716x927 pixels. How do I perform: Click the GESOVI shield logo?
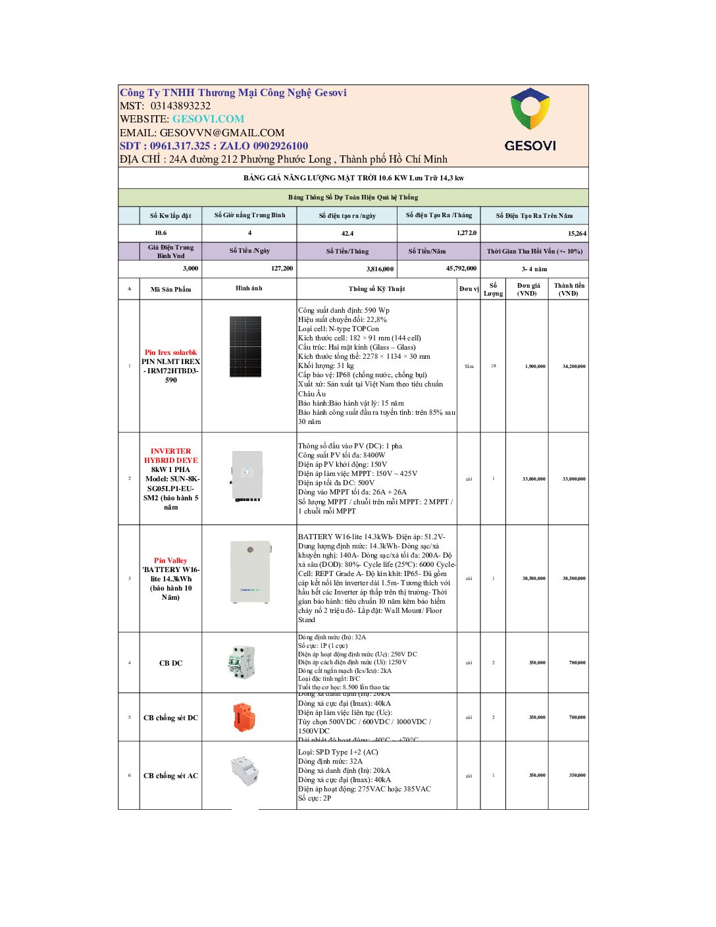click(x=530, y=109)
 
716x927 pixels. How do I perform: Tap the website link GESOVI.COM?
click(x=208, y=119)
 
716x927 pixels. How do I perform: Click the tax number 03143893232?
click(x=180, y=106)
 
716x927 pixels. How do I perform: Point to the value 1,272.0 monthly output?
click(x=466, y=233)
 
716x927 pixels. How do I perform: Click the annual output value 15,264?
click(x=576, y=233)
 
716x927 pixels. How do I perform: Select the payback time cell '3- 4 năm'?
click(x=534, y=269)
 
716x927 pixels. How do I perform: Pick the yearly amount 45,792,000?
click(x=461, y=269)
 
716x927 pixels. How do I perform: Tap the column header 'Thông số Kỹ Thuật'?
click(x=376, y=289)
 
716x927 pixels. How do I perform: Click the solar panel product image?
click(x=245, y=346)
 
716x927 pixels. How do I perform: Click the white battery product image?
click(x=250, y=571)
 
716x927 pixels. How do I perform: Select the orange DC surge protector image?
click(x=243, y=717)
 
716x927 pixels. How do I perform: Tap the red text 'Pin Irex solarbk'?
click(x=170, y=353)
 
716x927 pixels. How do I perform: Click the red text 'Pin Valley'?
click(x=170, y=560)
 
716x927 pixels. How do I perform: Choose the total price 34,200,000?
click(x=573, y=366)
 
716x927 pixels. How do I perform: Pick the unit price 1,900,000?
click(x=534, y=366)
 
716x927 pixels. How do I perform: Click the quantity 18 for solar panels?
click(x=493, y=366)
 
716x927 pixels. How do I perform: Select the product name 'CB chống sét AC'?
click(x=170, y=776)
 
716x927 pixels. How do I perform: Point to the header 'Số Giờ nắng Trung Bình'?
click(x=249, y=215)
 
